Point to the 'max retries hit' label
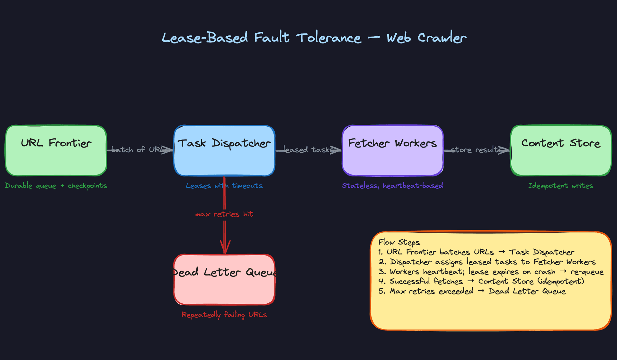[x=224, y=214]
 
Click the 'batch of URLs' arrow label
[x=139, y=149]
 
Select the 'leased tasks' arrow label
[x=308, y=149]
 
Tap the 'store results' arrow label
[x=476, y=149]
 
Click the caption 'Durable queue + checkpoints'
[x=56, y=186]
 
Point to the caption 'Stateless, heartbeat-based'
[x=392, y=185]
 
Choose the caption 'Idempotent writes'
[x=561, y=186]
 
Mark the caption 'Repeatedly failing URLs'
[x=224, y=315]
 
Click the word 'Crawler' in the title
[x=442, y=38]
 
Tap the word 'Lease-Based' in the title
[x=205, y=38]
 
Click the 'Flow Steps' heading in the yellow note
[x=399, y=242]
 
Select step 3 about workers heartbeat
[x=491, y=272]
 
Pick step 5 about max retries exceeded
[x=472, y=291]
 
